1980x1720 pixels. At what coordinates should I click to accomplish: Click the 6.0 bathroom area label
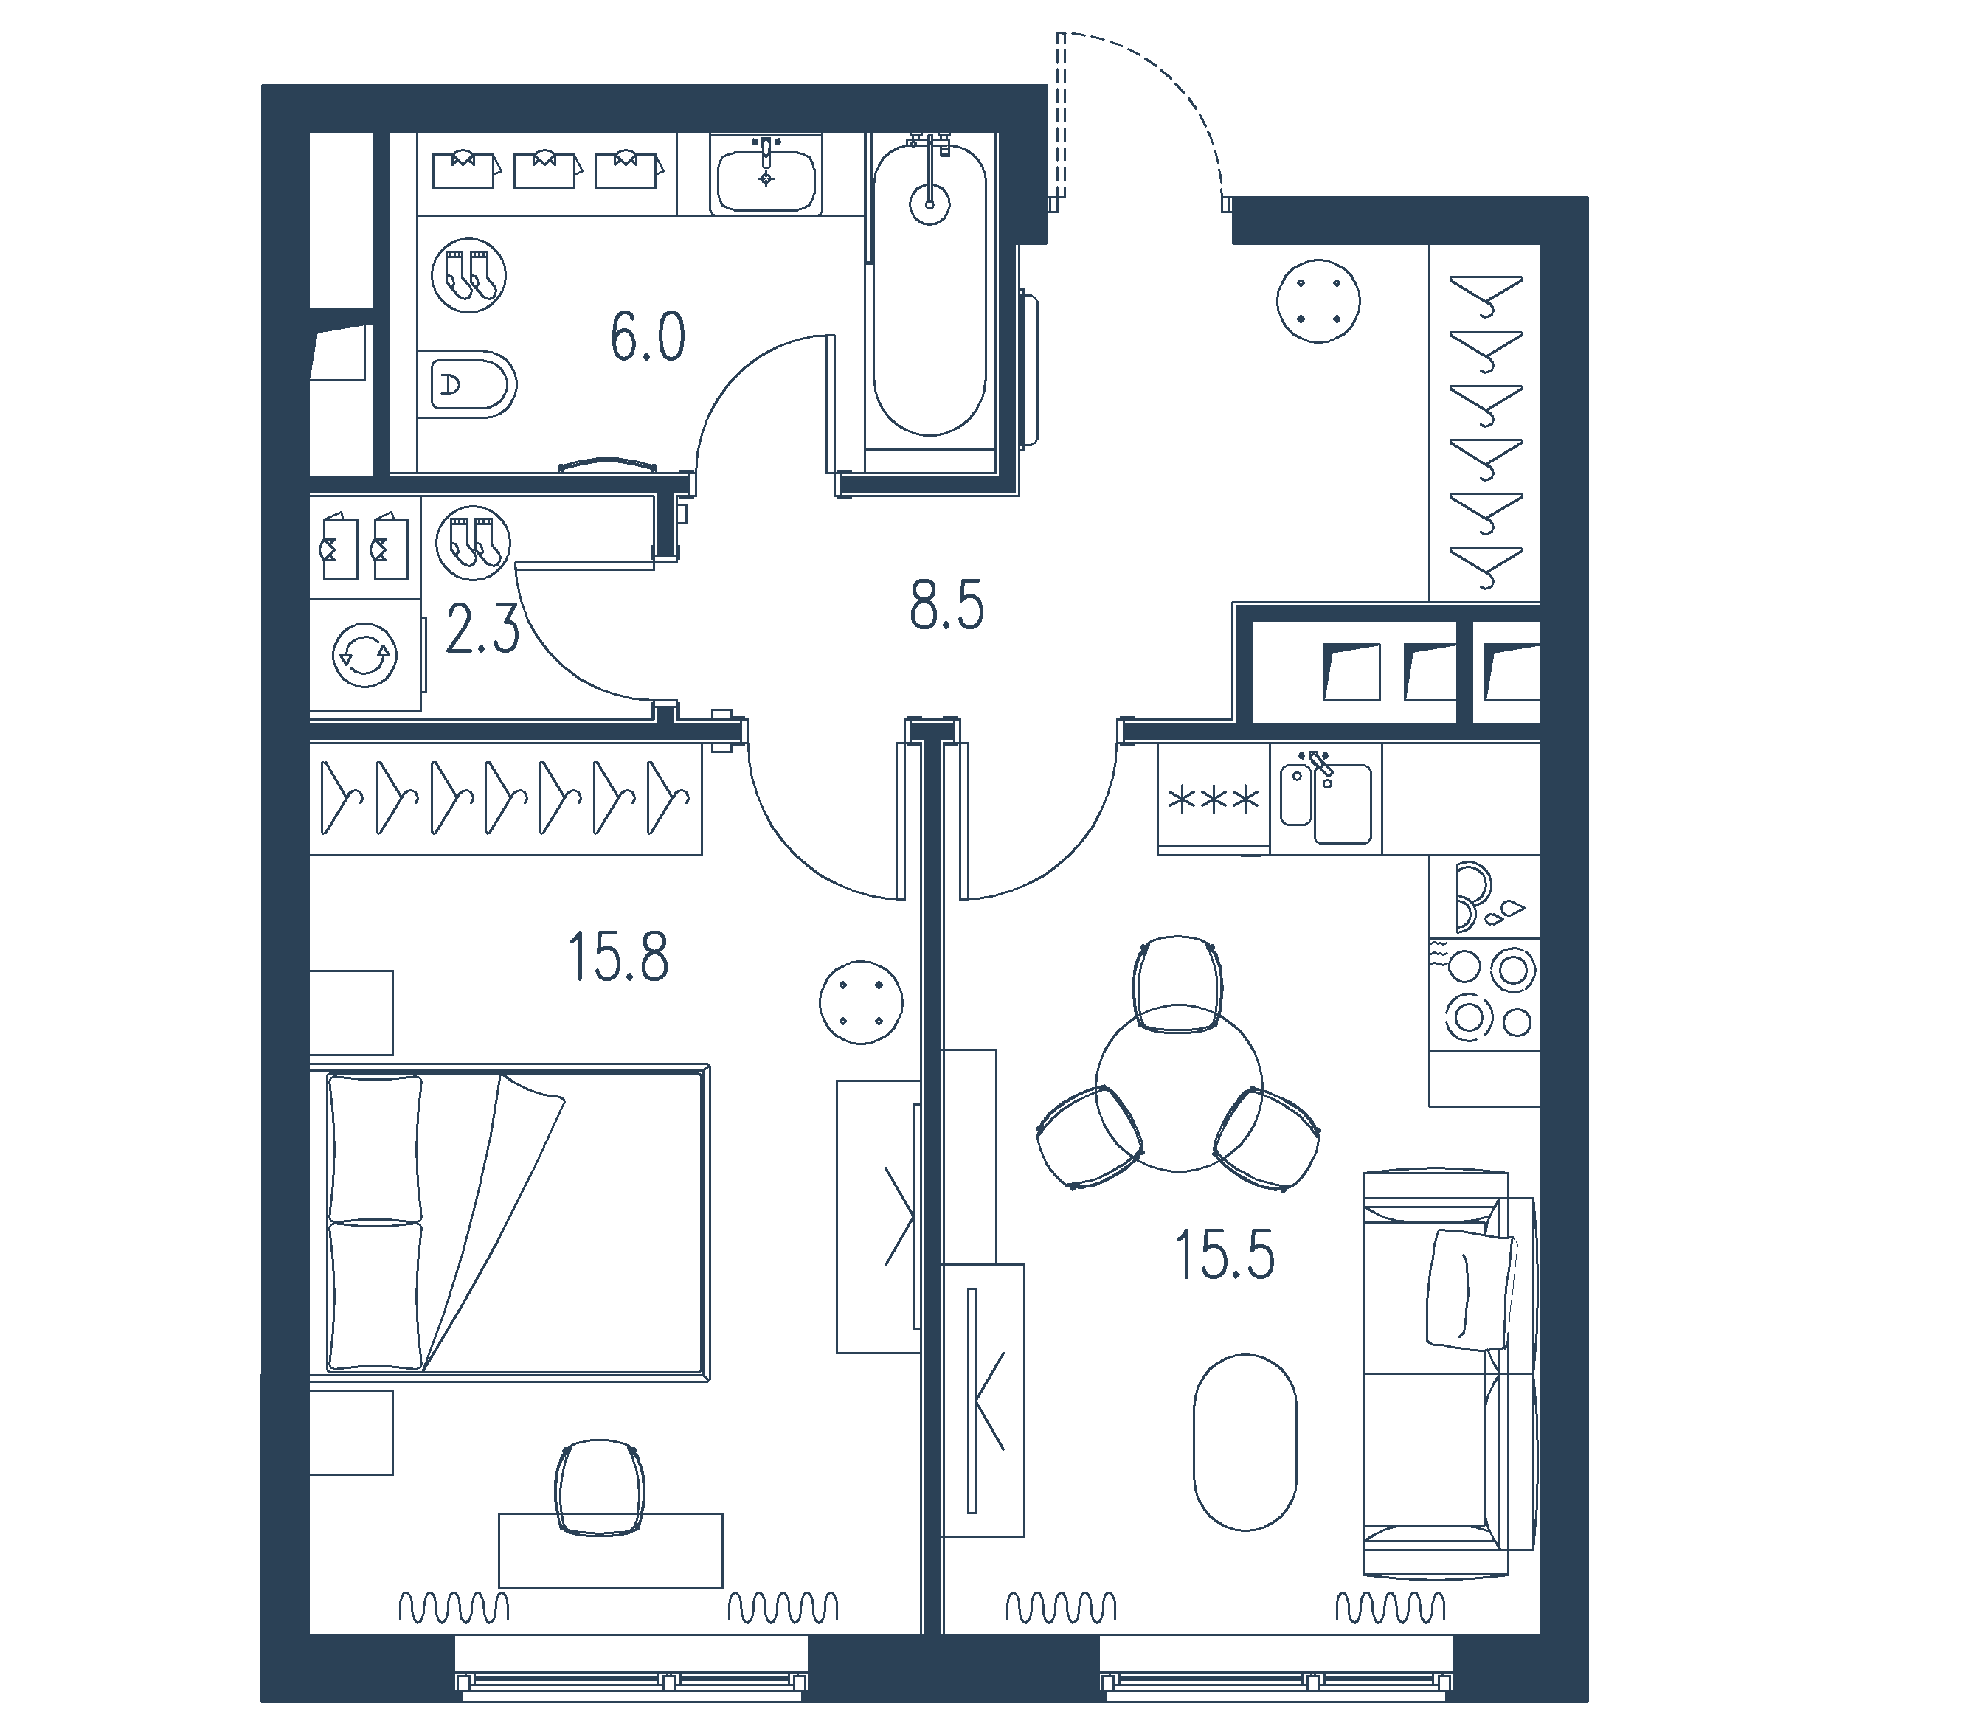[x=648, y=337]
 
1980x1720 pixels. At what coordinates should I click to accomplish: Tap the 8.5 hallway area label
[x=946, y=606]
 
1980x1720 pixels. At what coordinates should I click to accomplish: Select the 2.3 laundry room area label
[x=482, y=631]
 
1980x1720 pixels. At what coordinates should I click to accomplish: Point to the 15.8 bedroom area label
[x=618, y=958]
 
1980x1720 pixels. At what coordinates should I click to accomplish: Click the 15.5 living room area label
[x=1225, y=1255]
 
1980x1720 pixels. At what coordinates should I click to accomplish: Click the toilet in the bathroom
[x=468, y=384]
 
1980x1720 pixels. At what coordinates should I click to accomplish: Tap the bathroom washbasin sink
[x=766, y=175]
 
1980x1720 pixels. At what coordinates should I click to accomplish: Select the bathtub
[x=929, y=288]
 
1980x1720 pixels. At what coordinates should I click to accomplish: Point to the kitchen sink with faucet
[x=1326, y=800]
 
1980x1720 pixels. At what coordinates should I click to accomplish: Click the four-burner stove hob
[x=1485, y=994]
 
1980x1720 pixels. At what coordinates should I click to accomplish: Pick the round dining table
[x=1179, y=1087]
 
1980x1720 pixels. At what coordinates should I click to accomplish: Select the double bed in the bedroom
[x=510, y=1222]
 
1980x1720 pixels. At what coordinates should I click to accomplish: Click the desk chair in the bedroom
[x=600, y=1488]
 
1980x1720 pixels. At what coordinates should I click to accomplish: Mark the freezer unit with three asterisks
[x=1213, y=799]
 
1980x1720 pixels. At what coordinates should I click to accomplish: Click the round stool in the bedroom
[x=861, y=1002]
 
